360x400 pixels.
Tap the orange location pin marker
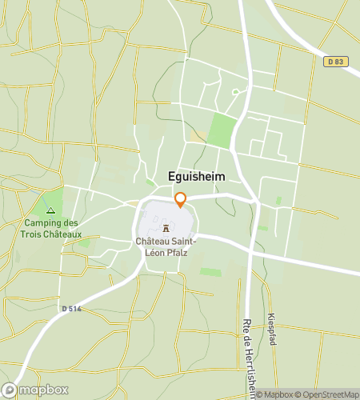point(180,199)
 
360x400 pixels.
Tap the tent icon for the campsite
point(51,210)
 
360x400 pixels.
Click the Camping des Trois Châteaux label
point(52,228)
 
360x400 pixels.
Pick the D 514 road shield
point(71,308)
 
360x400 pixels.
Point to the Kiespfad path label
point(273,328)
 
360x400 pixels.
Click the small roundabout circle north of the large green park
point(235,92)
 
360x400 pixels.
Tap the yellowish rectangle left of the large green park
point(196,137)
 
